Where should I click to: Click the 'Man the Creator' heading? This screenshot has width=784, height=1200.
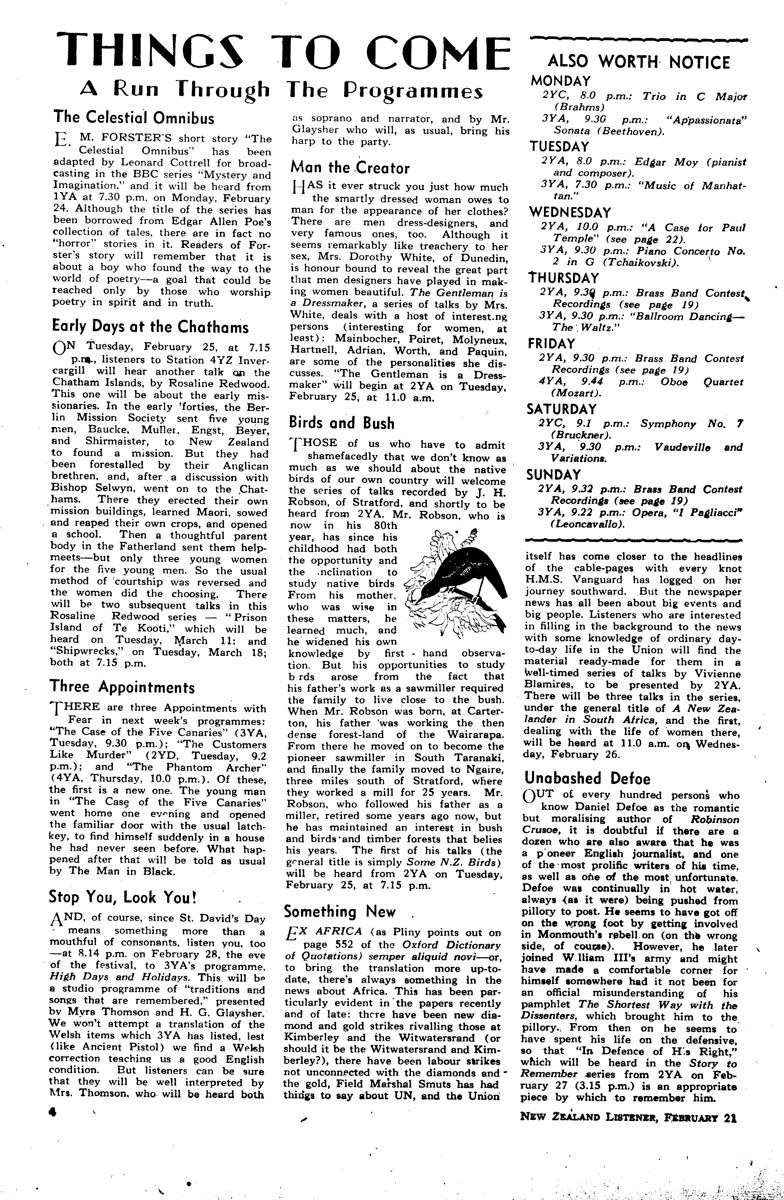click(350, 167)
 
